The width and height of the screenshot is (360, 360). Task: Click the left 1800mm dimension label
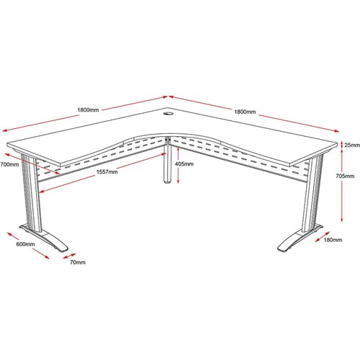(x=88, y=110)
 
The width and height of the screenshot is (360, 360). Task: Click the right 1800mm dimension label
(x=245, y=112)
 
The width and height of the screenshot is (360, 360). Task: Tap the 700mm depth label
(x=9, y=165)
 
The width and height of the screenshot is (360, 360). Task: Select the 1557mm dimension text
(x=107, y=172)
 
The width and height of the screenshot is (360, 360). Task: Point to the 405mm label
(x=184, y=164)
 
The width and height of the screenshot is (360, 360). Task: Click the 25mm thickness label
(x=352, y=145)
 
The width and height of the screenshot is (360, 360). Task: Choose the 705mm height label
(x=345, y=176)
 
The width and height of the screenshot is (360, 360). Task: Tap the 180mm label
(x=333, y=240)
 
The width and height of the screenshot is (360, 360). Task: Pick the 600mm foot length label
(x=25, y=244)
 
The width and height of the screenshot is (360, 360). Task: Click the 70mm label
(x=78, y=262)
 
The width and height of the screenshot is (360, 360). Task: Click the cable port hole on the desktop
(x=168, y=114)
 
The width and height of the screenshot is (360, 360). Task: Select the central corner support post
(x=168, y=160)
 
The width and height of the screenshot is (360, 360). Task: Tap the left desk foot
(x=45, y=238)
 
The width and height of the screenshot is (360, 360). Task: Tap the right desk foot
(x=300, y=238)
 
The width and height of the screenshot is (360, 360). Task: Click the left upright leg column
(x=31, y=192)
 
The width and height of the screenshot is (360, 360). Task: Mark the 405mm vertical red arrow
(x=178, y=165)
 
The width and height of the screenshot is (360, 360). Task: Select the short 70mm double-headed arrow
(x=69, y=256)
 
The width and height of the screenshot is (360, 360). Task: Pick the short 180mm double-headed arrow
(x=323, y=237)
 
